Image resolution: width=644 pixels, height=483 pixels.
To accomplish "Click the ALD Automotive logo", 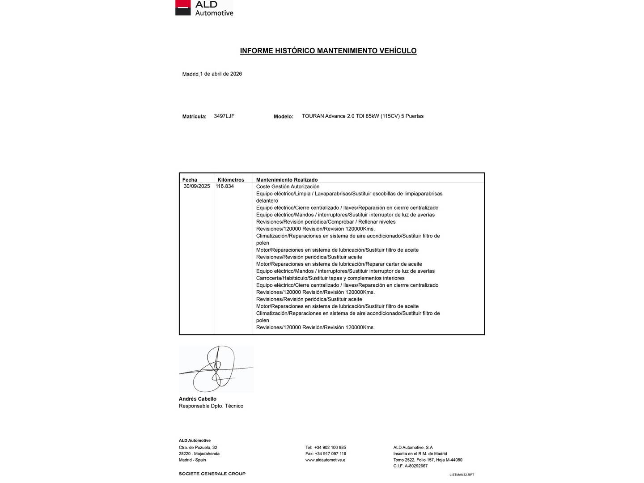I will (204, 8).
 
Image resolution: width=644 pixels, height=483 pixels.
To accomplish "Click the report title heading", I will (328, 51).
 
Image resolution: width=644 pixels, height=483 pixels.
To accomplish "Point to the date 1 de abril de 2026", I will (221, 74).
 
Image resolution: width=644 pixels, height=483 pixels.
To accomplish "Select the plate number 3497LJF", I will (224, 116).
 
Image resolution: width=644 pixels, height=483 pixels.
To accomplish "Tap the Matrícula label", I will (194, 117).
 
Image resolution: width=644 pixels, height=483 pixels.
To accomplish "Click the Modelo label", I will (284, 117).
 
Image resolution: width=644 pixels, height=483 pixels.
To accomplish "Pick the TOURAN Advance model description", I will (362, 116).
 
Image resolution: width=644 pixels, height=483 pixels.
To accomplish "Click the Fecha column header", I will (190, 180).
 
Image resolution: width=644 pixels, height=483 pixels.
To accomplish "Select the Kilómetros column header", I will (231, 180).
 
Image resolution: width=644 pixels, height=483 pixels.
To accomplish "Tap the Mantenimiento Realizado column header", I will (287, 180).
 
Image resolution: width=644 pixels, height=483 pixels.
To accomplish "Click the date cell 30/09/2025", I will (197, 186).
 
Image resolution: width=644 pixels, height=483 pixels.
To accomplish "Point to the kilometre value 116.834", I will (225, 186).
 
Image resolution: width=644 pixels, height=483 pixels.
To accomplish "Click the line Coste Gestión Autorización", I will (288, 187).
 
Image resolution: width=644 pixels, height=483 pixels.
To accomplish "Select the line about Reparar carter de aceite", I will (339, 264).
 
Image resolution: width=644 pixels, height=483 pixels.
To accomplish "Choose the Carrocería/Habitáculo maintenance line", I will (330, 278).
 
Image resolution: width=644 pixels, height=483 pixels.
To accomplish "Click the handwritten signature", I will (216, 369).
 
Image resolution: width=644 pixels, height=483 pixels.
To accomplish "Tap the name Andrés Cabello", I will (197, 399).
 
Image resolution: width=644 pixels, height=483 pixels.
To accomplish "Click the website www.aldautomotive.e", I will (325, 460).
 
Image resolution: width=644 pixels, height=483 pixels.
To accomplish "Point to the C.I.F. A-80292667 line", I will (410, 466).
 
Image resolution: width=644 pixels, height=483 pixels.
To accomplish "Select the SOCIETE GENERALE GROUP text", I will (212, 474).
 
